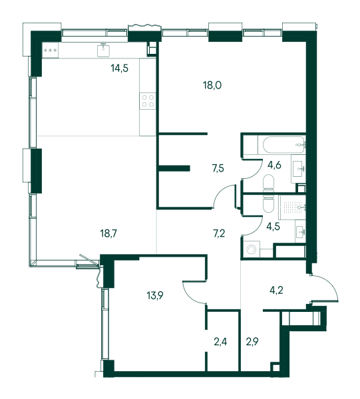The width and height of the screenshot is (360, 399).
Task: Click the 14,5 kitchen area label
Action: click(119, 68)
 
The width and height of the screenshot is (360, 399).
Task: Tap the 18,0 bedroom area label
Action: click(212, 85)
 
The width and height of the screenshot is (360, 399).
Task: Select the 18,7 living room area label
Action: click(108, 233)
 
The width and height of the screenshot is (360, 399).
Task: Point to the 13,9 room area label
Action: click(155, 295)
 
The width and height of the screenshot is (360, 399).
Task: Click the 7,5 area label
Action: click(218, 168)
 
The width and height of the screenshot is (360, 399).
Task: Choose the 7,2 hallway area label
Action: click(219, 233)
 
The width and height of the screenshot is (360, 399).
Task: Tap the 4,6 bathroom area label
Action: click(274, 165)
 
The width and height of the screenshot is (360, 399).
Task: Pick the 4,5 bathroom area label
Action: click(273, 226)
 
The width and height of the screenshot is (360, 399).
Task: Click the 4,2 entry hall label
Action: click(276, 290)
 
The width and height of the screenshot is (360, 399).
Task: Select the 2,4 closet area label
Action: click(220, 342)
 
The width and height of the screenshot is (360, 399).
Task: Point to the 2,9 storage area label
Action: click(252, 342)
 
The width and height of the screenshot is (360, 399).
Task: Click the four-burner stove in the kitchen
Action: click(148, 101)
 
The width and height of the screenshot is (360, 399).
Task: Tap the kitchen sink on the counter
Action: click(103, 50)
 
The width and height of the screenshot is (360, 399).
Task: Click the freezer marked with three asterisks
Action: click(50, 51)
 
